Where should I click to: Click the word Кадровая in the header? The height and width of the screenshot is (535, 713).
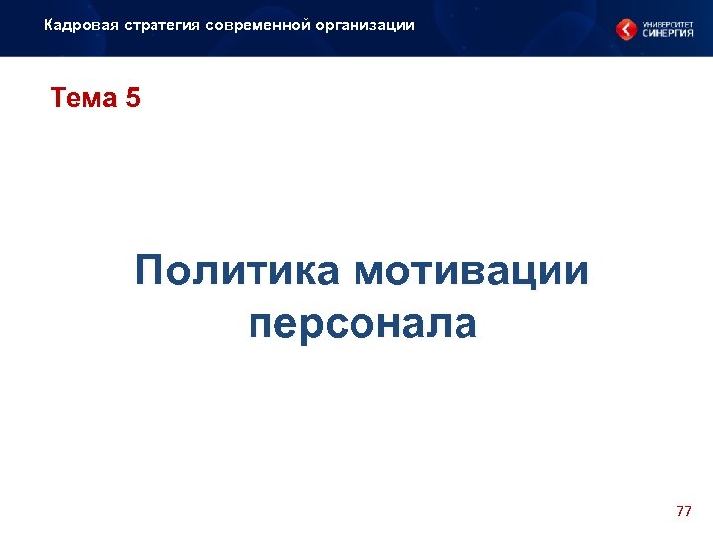(81, 24)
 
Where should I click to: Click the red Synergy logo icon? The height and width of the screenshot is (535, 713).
(626, 29)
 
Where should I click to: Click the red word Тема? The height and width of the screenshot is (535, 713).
(83, 99)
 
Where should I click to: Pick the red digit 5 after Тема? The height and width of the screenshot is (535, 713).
(133, 99)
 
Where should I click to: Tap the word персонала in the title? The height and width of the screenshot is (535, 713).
(362, 324)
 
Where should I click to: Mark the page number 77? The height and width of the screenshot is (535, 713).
(683, 511)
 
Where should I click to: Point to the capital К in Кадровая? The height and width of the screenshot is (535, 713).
(49, 24)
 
